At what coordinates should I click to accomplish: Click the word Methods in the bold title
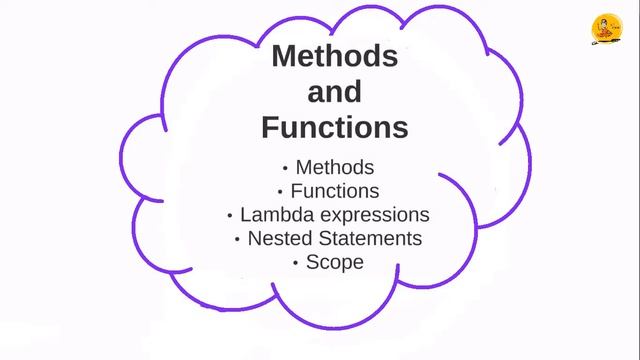(x=335, y=57)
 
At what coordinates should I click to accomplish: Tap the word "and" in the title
(x=334, y=93)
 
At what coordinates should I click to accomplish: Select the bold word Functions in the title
(x=335, y=128)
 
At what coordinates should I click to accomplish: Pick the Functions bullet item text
(x=335, y=190)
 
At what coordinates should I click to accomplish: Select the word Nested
(x=279, y=239)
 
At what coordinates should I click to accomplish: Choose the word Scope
(x=335, y=263)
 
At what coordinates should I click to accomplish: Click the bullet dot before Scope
(x=296, y=264)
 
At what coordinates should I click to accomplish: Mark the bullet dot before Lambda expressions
(x=230, y=216)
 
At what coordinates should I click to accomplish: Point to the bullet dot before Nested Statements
(x=237, y=240)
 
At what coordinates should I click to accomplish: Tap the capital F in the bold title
(x=270, y=128)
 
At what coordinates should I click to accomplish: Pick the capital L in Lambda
(x=245, y=214)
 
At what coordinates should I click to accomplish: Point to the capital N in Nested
(x=254, y=239)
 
